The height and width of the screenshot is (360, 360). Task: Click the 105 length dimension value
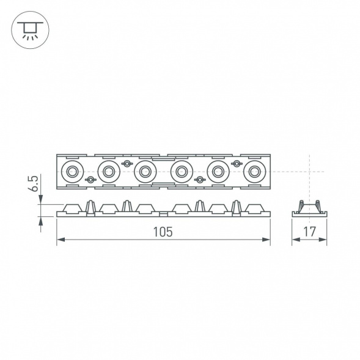pyautogui.click(x=163, y=232)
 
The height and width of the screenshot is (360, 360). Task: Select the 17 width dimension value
pyautogui.click(x=309, y=232)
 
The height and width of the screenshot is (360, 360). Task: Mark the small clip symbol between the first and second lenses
pyautogui.click(x=90, y=180)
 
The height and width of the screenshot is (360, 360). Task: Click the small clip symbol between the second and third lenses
pyautogui.click(x=127, y=164)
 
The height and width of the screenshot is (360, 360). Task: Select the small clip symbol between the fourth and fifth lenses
pyautogui.click(x=199, y=180)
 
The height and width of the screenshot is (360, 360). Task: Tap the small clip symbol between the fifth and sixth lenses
pyautogui.click(x=235, y=164)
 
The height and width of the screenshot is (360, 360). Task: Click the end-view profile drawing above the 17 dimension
pyautogui.click(x=309, y=208)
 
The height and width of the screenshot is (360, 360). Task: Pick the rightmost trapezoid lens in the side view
pyautogui.click(x=252, y=208)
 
